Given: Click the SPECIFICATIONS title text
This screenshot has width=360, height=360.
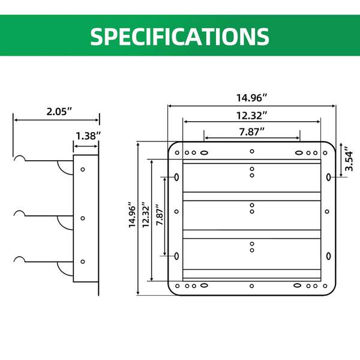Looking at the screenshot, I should [x=180, y=36].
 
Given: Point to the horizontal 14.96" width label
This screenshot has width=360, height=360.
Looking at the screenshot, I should [x=251, y=97].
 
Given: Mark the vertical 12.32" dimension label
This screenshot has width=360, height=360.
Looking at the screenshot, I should [x=144, y=219].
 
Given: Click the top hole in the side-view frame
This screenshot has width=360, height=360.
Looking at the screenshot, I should [x=83, y=170].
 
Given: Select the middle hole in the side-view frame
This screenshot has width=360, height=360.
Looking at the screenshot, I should [x=83, y=218].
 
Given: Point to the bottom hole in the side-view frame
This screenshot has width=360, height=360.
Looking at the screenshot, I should [x=83, y=262].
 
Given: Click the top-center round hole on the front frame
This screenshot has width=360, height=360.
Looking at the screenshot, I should [x=252, y=151].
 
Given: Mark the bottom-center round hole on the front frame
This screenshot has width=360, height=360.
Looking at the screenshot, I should [x=252, y=286].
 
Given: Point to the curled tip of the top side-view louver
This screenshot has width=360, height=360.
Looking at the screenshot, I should [x=20, y=159].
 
